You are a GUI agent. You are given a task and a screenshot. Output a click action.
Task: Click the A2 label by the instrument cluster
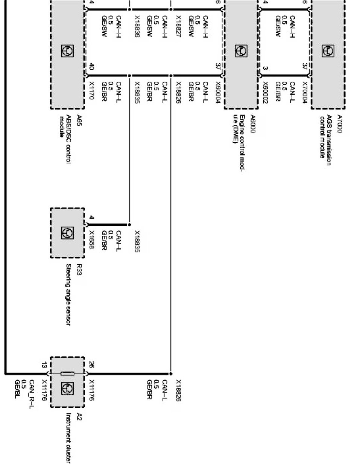pyautogui.click(x=79, y=416)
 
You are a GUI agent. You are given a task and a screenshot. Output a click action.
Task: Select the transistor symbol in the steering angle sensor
pyautogui.click(x=67, y=233)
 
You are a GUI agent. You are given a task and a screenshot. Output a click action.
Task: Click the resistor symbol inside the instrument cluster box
pyautogui.click(x=67, y=374)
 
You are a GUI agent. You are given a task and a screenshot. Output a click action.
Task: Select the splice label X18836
pyautogui.click(x=138, y=26)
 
